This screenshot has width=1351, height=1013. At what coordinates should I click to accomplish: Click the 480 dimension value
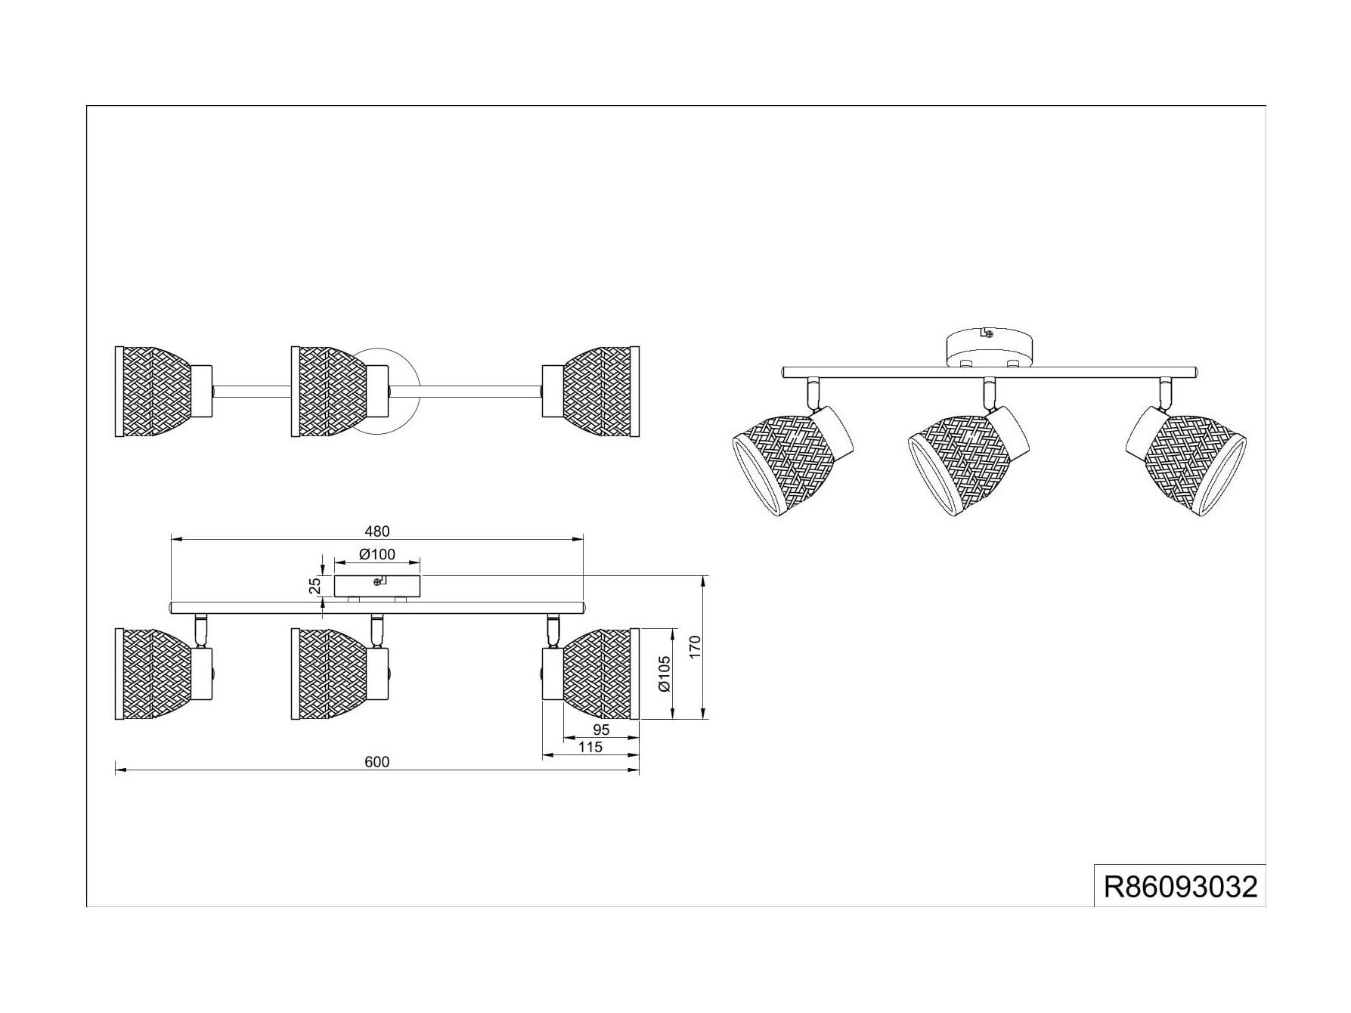click(376, 531)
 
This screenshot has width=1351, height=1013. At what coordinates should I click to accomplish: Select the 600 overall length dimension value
click(376, 762)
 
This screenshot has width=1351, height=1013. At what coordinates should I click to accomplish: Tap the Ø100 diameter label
click(377, 555)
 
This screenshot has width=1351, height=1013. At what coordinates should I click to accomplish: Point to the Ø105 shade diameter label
click(664, 673)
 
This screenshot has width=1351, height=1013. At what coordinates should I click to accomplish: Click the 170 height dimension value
click(696, 646)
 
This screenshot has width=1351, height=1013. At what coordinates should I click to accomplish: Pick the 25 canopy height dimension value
click(315, 586)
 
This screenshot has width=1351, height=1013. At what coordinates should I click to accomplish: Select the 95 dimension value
click(601, 730)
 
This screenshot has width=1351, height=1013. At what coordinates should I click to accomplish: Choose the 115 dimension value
click(590, 747)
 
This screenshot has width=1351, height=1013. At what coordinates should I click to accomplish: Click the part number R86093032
click(1180, 886)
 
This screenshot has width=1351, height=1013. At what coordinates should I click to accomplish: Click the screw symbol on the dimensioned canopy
click(379, 581)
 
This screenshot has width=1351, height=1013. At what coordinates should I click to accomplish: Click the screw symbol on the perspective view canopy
click(986, 333)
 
